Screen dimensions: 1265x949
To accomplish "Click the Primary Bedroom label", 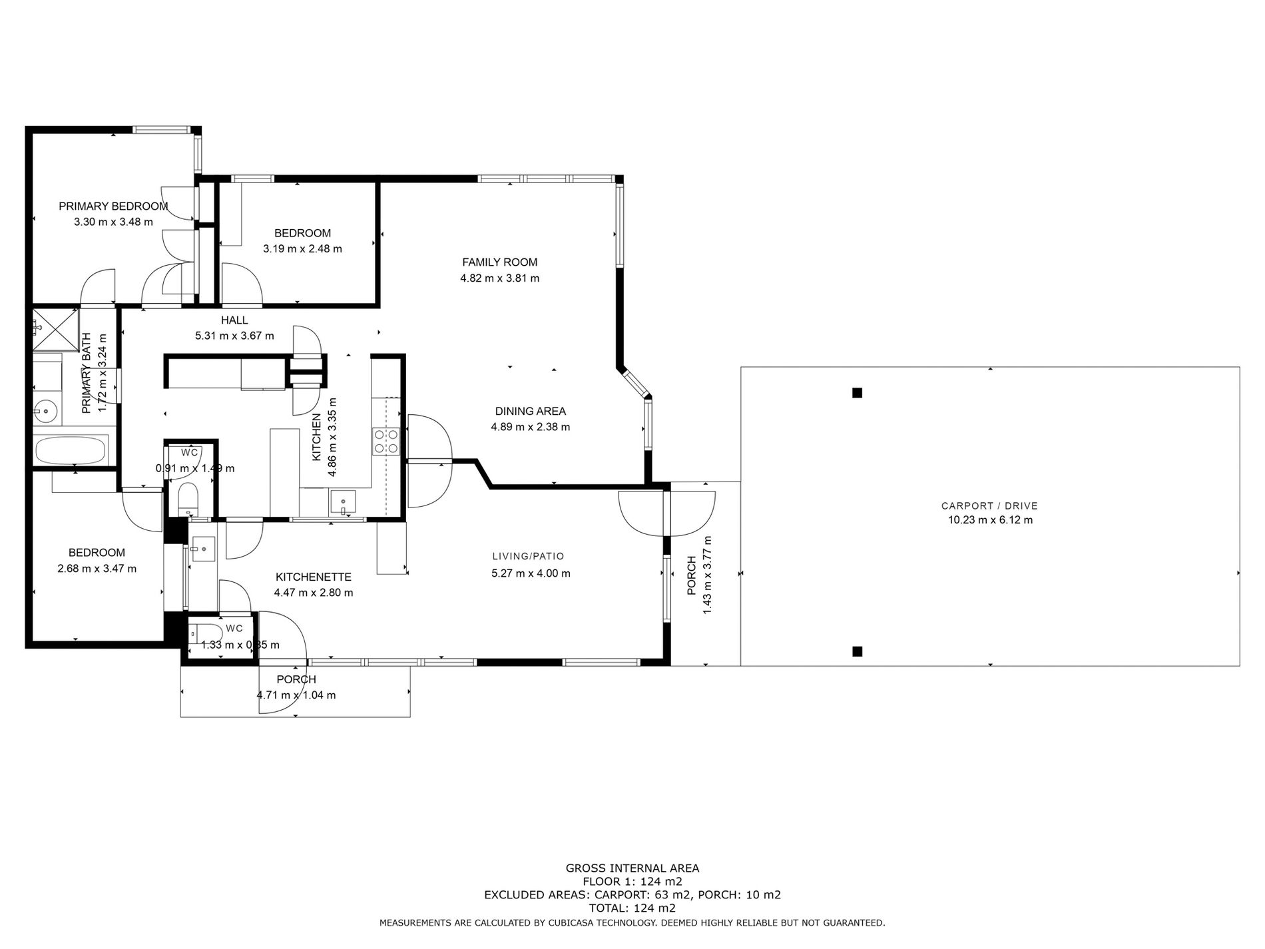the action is (113, 206).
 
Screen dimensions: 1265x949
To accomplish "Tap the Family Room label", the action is (500, 262).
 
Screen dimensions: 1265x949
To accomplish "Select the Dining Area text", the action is (531, 412).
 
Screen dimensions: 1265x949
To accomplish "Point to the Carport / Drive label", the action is (990, 506).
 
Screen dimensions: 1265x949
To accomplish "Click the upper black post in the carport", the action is (858, 393).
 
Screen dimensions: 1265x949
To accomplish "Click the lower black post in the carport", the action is (858, 651).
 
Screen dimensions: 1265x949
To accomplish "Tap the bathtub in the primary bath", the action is (71, 450).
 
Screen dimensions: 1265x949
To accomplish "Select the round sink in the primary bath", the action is (47, 411).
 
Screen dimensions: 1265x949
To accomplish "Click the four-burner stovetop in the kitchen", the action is (386, 441).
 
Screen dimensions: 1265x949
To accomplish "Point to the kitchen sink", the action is (343, 501).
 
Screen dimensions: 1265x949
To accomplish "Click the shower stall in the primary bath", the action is (56, 330).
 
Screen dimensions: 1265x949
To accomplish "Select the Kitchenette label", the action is (314, 577).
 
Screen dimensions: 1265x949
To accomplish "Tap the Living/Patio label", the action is (528, 556).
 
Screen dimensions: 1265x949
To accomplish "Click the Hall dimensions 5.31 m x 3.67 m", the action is (234, 336).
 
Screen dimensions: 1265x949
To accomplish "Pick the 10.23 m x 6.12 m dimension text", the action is (990, 520).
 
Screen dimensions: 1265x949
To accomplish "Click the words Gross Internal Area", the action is (632, 868).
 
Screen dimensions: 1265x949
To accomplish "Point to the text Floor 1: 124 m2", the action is (632, 881).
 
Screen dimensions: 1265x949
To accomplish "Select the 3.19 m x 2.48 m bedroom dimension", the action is (302, 249).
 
